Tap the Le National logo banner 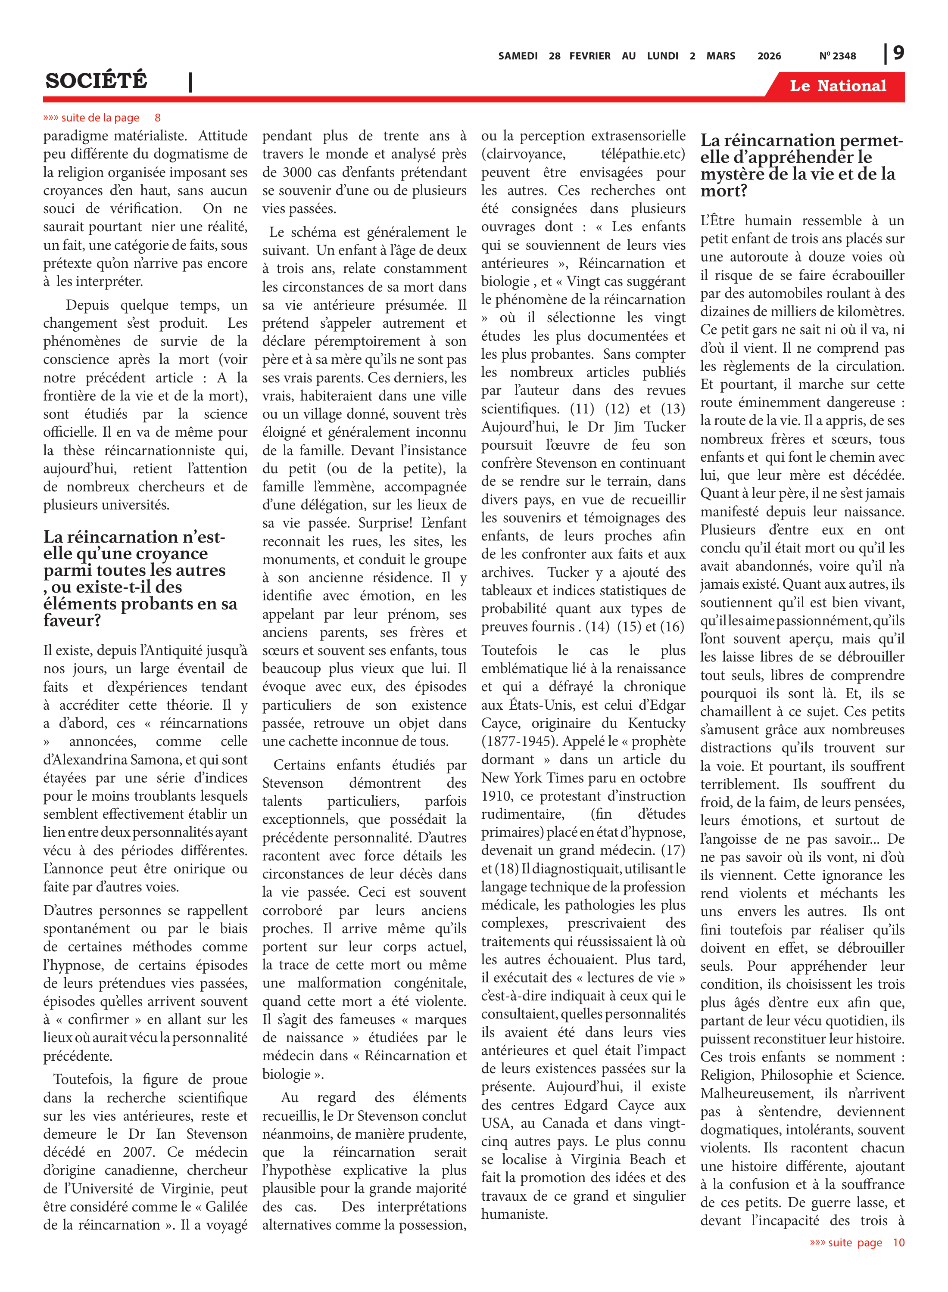(837, 86)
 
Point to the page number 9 (898, 53)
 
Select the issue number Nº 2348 (837, 56)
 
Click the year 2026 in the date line (769, 56)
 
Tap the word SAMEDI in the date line (518, 56)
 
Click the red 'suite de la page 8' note (102, 118)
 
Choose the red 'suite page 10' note (857, 1242)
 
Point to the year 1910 (497, 796)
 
